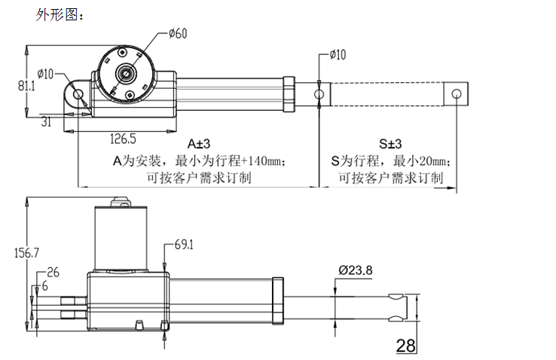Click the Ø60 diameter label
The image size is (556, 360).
point(179,33)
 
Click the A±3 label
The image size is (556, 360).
point(199,143)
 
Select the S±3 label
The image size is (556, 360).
point(390,143)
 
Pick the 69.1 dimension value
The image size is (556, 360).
point(185,245)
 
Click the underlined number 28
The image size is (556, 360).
point(405,346)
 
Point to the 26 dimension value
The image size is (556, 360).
point(53,272)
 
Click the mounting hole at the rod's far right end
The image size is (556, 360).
point(456,93)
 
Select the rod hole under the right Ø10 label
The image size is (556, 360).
point(319,94)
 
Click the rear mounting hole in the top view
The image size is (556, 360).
point(78,93)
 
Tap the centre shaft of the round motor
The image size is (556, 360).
point(125,74)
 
